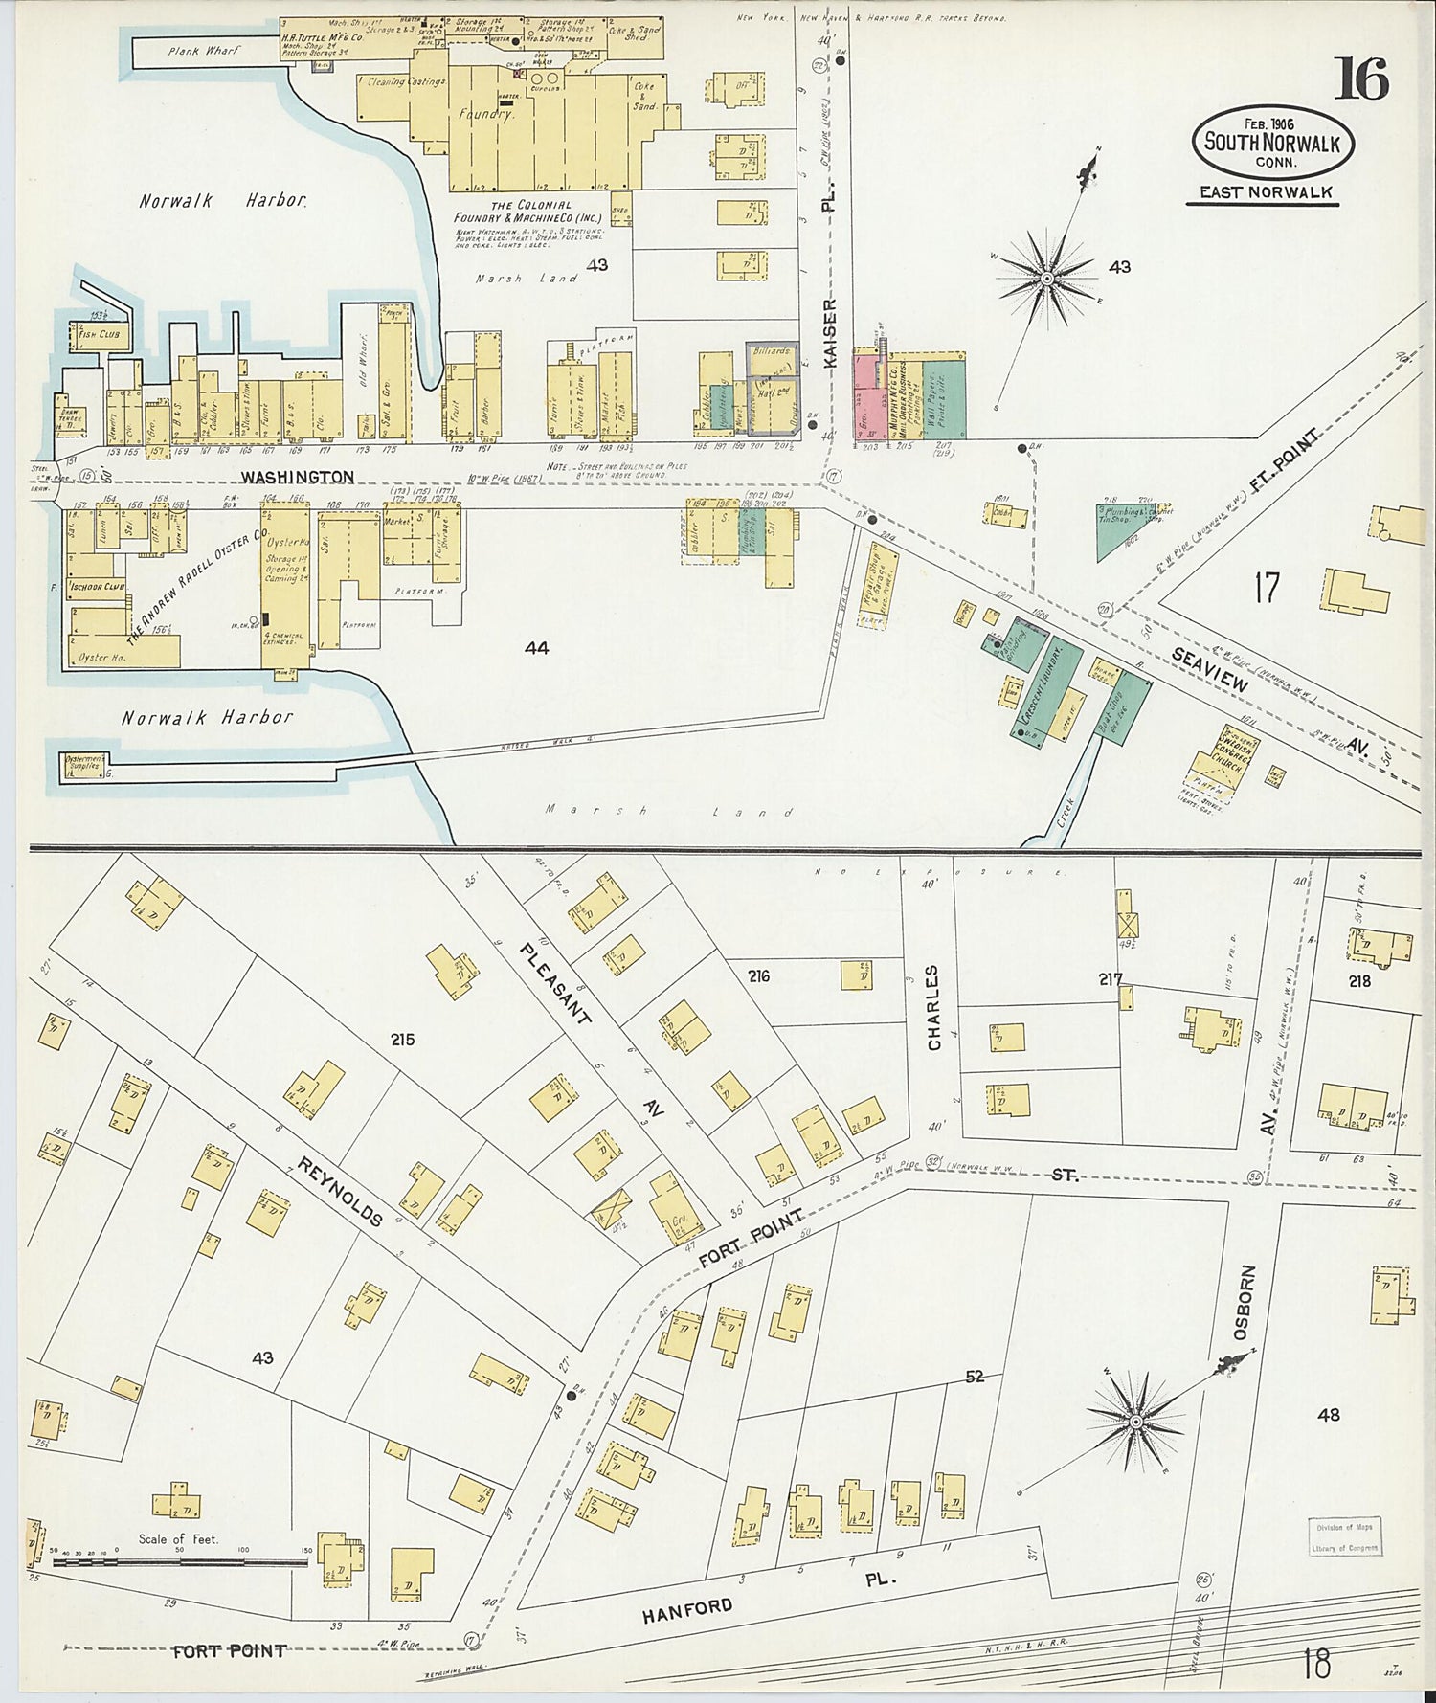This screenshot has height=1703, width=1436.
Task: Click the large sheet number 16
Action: (1361, 78)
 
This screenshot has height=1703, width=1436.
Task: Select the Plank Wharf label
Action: (204, 51)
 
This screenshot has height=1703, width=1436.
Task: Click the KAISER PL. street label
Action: (829, 330)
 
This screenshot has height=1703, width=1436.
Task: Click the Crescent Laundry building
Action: (1047, 687)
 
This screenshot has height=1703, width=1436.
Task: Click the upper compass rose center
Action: (1047, 279)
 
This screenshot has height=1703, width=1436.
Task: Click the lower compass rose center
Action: (1135, 1422)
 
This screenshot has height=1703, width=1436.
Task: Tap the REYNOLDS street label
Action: (340, 1191)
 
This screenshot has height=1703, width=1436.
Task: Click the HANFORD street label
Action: (687, 1609)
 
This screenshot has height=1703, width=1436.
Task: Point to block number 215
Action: (402, 1039)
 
